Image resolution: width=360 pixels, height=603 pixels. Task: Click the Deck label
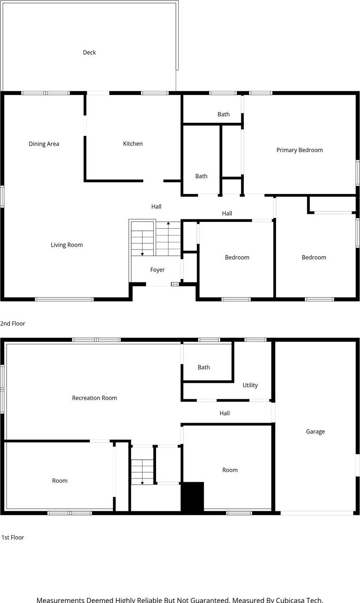(x=89, y=52)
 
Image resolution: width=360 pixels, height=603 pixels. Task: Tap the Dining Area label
(x=44, y=144)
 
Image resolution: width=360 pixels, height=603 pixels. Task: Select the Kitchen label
(x=133, y=144)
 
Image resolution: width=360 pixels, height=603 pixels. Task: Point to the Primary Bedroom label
(x=299, y=150)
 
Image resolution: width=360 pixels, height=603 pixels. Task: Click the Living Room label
(x=66, y=245)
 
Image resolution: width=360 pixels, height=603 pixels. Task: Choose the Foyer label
(x=157, y=270)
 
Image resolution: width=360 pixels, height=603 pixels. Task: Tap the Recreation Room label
(x=94, y=398)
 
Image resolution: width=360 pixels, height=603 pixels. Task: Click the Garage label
(x=315, y=431)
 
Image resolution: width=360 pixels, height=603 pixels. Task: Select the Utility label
(x=250, y=385)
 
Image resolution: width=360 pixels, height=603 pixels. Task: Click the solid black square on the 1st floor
(x=192, y=497)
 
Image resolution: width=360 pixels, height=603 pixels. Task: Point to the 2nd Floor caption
(x=13, y=324)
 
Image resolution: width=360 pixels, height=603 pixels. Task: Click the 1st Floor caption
(x=13, y=537)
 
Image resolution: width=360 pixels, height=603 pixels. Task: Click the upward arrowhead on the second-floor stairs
(x=168, y=224)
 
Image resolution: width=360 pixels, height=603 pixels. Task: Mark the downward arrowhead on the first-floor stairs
(x=142, y=483)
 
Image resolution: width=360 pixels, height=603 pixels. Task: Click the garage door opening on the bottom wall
(x=317, y=513)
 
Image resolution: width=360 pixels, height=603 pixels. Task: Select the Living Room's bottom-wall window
(x=64, y=299)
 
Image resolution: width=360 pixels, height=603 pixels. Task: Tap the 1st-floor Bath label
(x=203, y=367)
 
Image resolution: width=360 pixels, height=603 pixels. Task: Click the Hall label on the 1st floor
(x=225, y=413)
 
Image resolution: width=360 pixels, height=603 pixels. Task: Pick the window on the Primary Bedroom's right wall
(x=358, y=173)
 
